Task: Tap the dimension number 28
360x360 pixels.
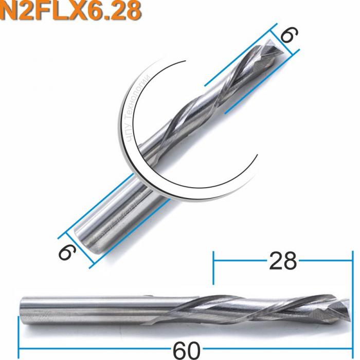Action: [282, 261]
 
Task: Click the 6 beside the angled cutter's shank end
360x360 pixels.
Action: [66, 252]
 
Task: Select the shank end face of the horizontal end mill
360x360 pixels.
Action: [21, 309]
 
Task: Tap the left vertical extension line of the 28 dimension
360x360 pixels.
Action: [213, 267]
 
